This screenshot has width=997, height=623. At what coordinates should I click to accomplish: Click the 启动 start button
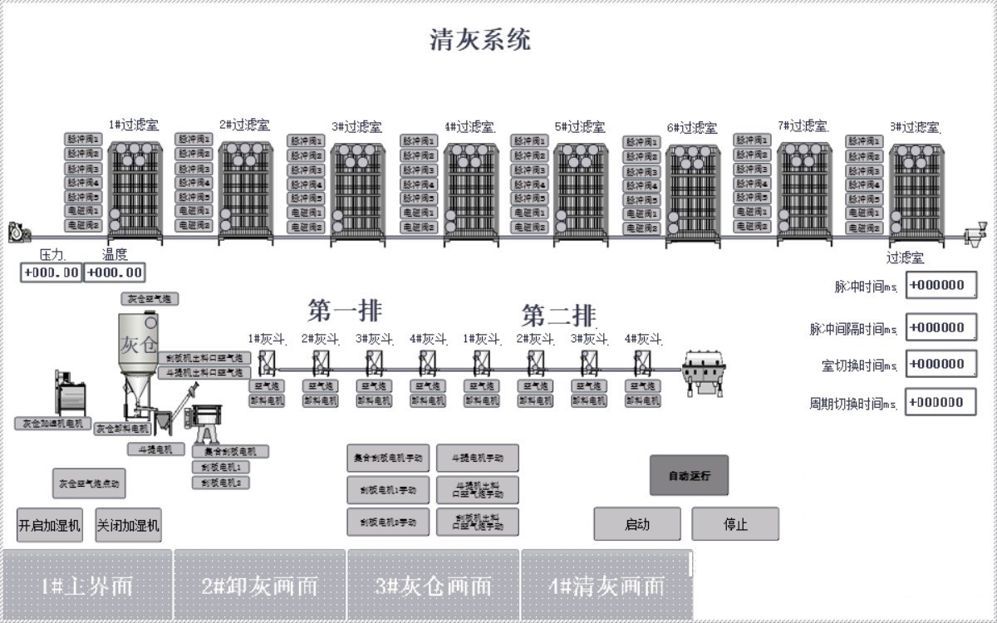(x=636, y=524)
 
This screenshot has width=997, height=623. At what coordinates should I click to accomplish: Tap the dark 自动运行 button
(x=688, y=476)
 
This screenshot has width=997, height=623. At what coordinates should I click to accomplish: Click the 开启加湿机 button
(x=50, y=525)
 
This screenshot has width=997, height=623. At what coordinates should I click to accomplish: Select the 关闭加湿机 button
(x=128, y=525)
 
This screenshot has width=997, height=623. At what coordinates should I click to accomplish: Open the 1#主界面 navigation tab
(x=87, y=586)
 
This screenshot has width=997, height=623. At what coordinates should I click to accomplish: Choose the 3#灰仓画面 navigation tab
(x=433, y=586)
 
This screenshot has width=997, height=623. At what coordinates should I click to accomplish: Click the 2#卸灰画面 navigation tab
(x=260, y=586)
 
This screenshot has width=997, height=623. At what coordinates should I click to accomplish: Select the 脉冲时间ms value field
(x=941, y=285)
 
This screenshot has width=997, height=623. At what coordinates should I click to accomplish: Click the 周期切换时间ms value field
(x=941, y=402)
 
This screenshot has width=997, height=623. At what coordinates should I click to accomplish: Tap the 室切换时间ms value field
(x=941, y=364)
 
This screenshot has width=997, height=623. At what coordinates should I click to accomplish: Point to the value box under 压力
(x=52, y=272)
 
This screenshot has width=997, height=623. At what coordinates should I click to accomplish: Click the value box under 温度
(x=115, y=272)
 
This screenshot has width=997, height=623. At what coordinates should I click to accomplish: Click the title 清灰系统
(x=480, y=39)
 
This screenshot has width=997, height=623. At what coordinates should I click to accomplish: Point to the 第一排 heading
(x=345, y=311)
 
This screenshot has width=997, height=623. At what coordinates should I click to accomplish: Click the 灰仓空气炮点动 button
(x=88, y=483)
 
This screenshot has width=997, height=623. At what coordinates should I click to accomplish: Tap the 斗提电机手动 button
(x=477, y=458)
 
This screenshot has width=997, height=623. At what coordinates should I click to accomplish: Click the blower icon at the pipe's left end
(x=17, y=233)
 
